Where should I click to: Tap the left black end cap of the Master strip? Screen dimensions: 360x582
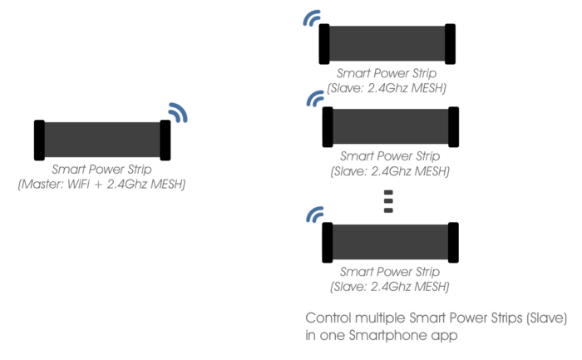point(39,140)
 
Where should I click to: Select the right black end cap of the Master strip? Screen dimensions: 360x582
point(165,140)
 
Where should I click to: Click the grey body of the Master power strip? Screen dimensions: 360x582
point(101,140)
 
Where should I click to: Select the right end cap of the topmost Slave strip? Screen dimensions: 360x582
point(450,43)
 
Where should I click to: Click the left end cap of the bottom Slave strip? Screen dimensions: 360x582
point(327,242)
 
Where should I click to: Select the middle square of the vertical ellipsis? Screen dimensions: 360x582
point(387,201)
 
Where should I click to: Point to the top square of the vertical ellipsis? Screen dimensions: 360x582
point(387,192)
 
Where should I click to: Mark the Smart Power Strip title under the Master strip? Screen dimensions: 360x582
point(101,169)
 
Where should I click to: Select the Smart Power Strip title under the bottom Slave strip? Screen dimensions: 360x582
point(390,272)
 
